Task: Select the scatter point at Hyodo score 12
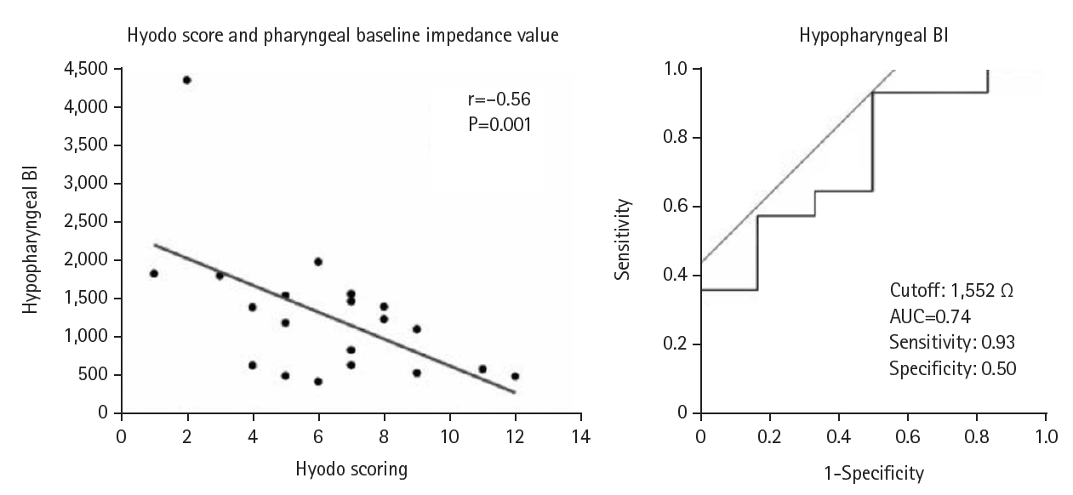pyautogui.click(x=515, y=376)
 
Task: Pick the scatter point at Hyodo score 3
pyautogui.click(x=220, y=276)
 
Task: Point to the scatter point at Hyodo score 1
pyautogui.click(x=154, y=273)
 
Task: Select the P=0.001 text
pyautogui.click(x=499, y=124)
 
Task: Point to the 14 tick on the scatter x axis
pyautogui.click(x=581, y=435)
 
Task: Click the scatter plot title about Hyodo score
pyautogui.click(x=343, y=36)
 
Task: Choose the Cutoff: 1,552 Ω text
pyautogui.click(x=951, y=290)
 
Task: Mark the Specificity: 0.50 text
pyautogui.click(x=952, y=369)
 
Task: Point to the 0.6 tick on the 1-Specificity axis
pyautogui.click(x=908, y=435)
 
